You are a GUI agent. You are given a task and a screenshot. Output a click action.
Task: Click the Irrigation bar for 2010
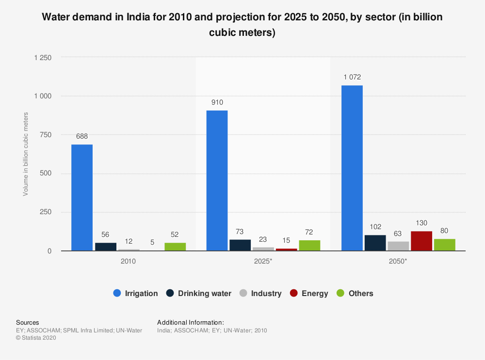(82, 198)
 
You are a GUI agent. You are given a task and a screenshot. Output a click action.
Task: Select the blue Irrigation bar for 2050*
(352, 168)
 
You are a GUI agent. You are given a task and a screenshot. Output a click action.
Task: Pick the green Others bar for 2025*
(309, 246)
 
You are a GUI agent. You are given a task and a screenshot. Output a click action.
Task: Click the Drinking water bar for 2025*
(240, 245)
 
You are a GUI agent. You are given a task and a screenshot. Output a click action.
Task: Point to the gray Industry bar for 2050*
(398, 246)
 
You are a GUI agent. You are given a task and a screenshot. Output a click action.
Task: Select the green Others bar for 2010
(175, 247)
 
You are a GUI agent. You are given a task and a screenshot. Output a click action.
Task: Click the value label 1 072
(352, 77)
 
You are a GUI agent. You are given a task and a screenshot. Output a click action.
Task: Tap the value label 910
(217, 102)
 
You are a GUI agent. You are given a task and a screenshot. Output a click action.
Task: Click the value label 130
(421, 222)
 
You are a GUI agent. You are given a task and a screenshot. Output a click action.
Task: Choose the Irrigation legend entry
(135, 293)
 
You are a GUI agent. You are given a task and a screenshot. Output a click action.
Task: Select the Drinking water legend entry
(198, 293)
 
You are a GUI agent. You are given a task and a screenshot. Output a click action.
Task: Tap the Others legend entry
(355, 293)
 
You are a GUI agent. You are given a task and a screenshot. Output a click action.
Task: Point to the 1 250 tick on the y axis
(43, 58)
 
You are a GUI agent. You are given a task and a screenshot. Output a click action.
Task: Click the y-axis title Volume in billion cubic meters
(26, 154)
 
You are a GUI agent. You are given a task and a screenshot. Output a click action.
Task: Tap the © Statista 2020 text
(36, 338)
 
